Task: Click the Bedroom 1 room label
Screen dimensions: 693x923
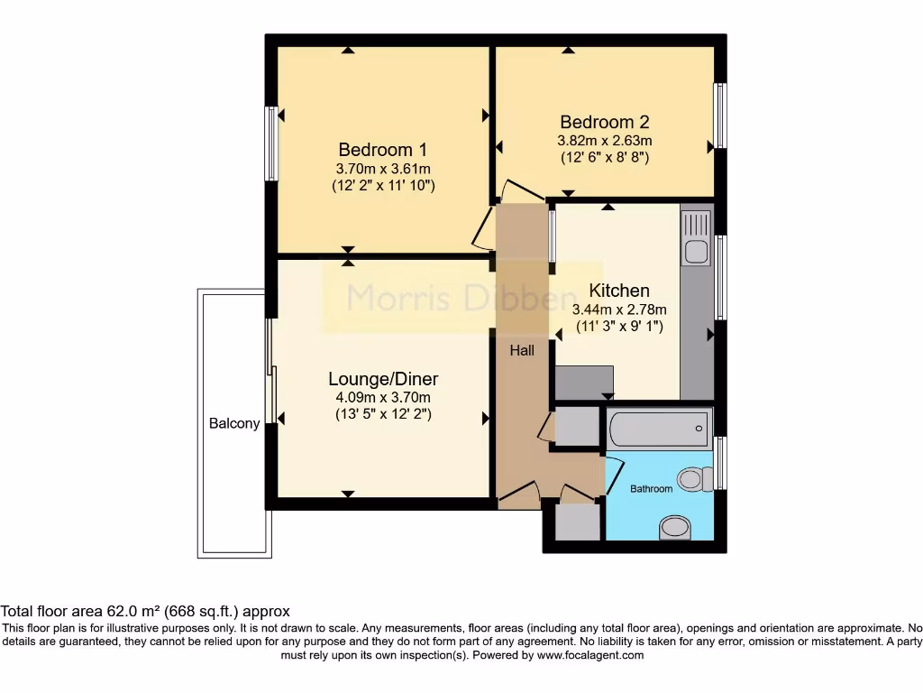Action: (x=382, y=150)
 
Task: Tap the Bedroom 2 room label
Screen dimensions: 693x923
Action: (x=604, y=122)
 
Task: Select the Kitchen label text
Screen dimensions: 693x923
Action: (x=619, y=291)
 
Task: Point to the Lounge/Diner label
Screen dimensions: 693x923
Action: (x=383, y=379)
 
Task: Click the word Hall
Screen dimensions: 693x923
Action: (x=522, y=350)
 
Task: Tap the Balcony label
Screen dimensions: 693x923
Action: (x=234, y=423)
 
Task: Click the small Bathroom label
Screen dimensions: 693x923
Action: (x=651, y=488)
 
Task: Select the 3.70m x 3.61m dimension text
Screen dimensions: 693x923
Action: (x=382, y=169)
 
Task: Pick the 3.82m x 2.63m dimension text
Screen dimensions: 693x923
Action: (x=604, y=141)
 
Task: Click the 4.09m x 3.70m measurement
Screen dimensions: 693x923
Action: (x=383, y=398)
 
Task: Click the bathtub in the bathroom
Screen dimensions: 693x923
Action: (x=659, y=428)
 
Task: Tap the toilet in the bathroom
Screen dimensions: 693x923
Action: (x=692, y=478)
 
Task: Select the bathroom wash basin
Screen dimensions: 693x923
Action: (x=672, y=526)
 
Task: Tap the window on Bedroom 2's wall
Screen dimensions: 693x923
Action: (x=720, y=115)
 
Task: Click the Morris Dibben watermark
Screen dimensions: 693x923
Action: (x=462, y=298)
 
